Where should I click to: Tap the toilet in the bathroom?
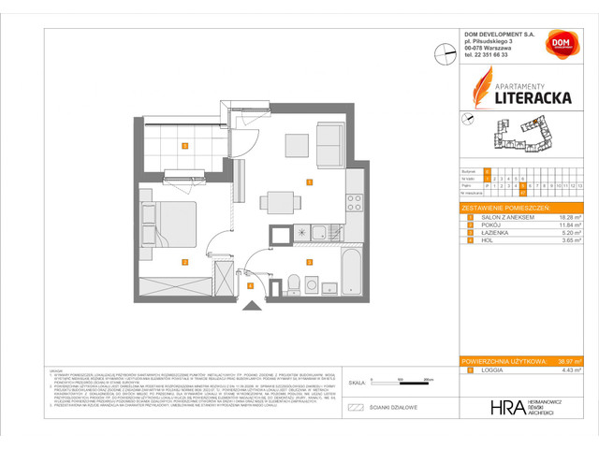[x=292, y=282]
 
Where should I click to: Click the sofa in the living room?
[x=330, y=142]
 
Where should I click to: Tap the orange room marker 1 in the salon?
[x=309, y=180]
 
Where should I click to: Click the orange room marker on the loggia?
[x=185, y=145]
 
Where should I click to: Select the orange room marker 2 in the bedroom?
[x=185, y=262]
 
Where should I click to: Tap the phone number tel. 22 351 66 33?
[x=491, y=54]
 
